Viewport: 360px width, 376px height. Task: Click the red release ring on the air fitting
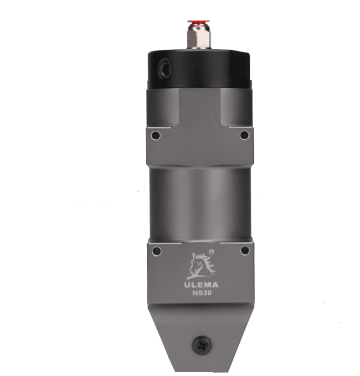point(199,22)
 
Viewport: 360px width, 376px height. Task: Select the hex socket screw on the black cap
point(165,69)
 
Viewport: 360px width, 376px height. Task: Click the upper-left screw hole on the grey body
point(155,135)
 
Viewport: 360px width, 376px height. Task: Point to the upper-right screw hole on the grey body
point(244,135)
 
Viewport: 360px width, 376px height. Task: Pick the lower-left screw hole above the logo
point(157,251)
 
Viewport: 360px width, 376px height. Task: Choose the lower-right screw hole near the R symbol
point(245,251)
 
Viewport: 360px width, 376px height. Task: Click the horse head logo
point(201,266)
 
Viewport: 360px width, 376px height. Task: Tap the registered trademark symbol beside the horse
point(211,252)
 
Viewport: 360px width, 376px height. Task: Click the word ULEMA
point(201,285)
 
